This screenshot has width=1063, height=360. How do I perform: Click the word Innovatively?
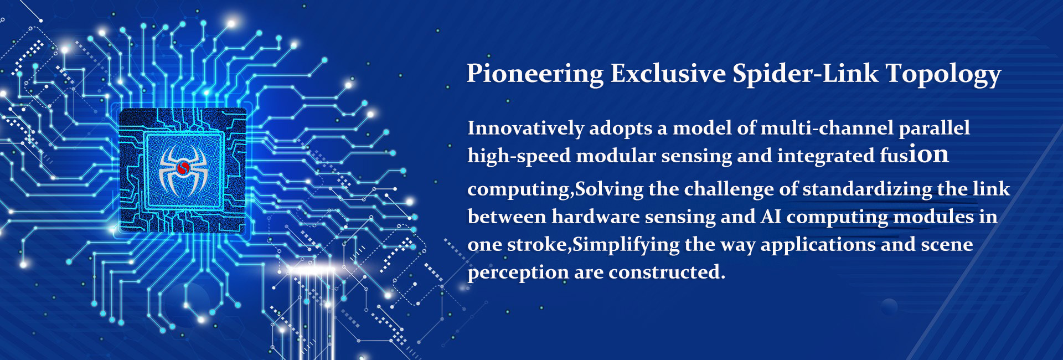click(525, 128)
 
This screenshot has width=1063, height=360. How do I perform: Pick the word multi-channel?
click(827, 128)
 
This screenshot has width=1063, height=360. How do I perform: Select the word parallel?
click(934, 129)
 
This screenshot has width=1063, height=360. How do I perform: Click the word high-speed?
click(519, 156)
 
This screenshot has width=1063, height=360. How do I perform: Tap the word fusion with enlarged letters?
click(914, 155)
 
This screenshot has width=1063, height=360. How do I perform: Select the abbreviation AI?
click(771, 217)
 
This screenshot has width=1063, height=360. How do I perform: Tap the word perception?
click(518, 273)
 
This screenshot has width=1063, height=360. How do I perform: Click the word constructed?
click(667, 272)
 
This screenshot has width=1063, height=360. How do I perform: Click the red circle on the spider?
click(183, 167)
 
